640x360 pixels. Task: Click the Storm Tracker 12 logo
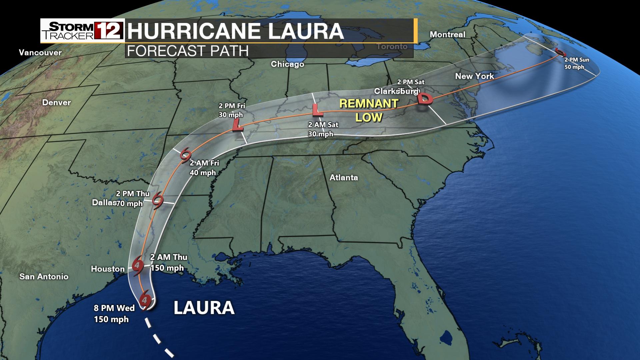(x=82, y=31)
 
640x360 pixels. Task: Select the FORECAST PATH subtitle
(x=188, y=51)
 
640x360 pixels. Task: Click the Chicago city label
(x=287, y=64)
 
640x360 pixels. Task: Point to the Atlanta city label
(x=344, y=178)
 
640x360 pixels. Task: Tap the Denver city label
(x=56, y=102)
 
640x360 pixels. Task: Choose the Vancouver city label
(x=40, y=52)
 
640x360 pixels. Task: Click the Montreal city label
(x=447, y=34)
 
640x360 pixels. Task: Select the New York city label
(x=474, y=76)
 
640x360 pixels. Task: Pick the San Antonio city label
(x=44, y=276)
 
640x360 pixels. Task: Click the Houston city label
(x=108, y=269)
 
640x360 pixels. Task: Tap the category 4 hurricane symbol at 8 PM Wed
(x=145, y=300)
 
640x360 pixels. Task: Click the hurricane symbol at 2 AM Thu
(x=138, y=266)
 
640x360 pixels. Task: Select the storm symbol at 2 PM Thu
(x=158, y=201)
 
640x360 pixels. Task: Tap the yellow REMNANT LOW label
(x=369, y=110)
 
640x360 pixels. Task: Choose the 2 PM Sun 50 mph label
(x=577, y=63)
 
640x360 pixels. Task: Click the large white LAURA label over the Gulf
(x=204, y=308)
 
